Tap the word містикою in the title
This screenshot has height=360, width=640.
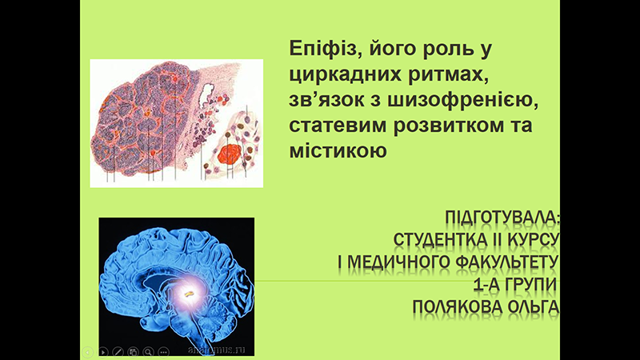(338, 150)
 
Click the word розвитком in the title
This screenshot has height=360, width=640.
(457, 125)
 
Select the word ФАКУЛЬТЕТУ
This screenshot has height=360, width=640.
(506, 262)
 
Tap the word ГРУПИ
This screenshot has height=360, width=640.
(528, 284)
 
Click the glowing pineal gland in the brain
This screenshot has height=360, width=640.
(188, 293)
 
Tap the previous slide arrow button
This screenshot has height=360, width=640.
(87, 351)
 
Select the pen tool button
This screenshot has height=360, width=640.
(118, 351)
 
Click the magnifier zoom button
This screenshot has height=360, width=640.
(149, 351)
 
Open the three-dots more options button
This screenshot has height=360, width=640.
(164, 351)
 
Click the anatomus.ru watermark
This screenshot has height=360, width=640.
(216, 350)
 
